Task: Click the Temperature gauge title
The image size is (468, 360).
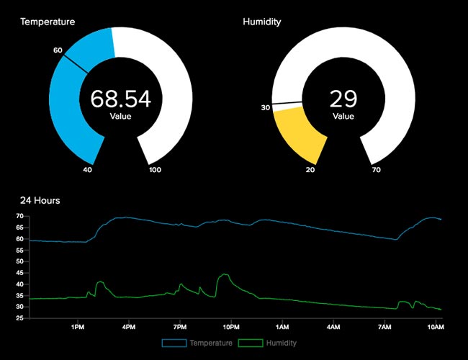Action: point(48,22)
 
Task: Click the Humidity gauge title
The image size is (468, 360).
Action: point(262,22)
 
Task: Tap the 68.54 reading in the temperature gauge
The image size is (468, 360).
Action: point(120,99)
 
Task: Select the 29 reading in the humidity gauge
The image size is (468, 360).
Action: point(343,99)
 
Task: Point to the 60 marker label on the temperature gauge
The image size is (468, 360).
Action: point(58,50)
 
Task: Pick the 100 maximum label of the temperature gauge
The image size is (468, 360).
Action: point(156,170)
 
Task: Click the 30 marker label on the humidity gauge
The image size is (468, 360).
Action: point(266,108)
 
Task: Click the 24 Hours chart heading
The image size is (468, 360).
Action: point(40,200)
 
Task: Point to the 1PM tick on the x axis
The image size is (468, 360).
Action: point(78,327)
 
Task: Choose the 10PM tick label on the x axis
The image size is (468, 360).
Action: point(231,327)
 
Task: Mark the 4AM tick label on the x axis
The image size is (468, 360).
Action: point(333,327)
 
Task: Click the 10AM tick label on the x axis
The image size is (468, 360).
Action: point(434,327)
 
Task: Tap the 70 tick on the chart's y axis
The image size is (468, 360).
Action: point(20,216)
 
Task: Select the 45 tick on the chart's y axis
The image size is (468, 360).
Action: point(20,273)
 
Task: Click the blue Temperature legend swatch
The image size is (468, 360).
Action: point(174,343)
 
